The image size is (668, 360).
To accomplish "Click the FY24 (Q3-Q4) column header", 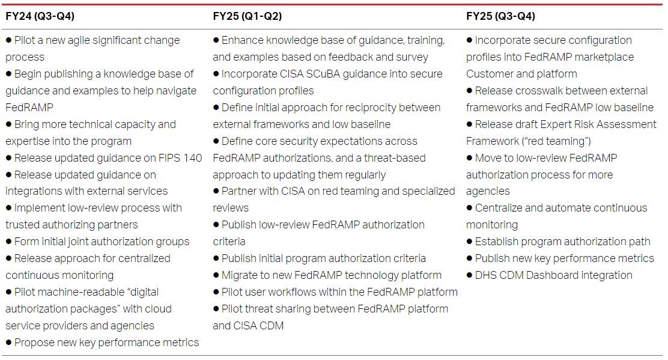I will click(x=40, y=16).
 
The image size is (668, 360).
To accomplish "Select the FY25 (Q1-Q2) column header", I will click(x=247, y=16).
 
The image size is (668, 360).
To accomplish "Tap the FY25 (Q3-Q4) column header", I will click(x=500, y=16).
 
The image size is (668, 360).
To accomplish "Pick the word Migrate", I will click(x=240, y=275).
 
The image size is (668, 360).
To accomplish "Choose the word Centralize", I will click(x=504, y=208).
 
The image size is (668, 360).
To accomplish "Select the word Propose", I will click(x=34, y=343).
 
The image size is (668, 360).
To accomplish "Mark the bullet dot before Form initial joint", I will click(x=9, y=242).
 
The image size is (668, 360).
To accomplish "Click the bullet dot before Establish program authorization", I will click(x=470, y=242).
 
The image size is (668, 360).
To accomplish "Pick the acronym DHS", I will click(x=487, y=275).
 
